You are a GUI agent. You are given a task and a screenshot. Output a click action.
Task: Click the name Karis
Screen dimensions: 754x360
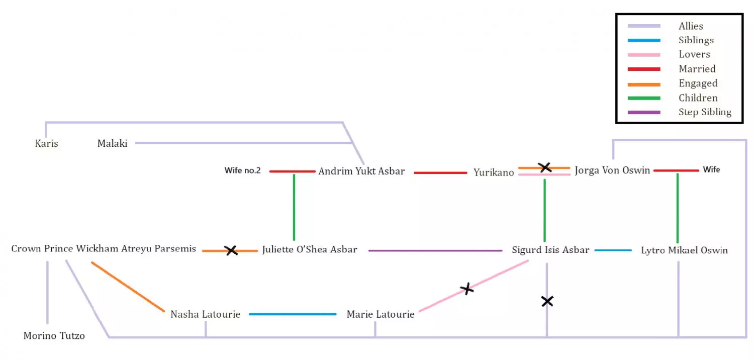tap(46, 143)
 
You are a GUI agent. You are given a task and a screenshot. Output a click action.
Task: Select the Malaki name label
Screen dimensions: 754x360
tap(112, 143)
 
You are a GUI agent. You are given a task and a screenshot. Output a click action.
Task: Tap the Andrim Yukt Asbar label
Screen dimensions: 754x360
tap(361, 171)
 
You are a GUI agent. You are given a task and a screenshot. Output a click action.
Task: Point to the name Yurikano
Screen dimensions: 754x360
tap(494, 172)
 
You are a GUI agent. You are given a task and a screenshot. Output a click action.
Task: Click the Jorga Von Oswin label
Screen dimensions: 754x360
tap(612, 170)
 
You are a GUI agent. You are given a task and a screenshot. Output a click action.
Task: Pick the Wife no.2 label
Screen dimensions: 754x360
tap(242, 170)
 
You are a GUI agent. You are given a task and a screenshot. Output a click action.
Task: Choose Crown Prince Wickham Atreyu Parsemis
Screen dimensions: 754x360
tap(104, 248)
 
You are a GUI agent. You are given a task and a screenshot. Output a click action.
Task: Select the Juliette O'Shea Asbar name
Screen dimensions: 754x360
tap(310, 249)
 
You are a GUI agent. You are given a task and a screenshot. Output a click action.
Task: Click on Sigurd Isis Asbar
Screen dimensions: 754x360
tap(550, 250)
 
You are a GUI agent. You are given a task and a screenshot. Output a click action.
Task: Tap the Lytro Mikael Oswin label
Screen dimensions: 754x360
tap(684, 250)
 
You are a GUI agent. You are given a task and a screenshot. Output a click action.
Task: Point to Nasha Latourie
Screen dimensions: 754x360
tap(205, 314)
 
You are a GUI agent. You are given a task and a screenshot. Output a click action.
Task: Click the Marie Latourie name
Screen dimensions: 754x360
tap(381, 314)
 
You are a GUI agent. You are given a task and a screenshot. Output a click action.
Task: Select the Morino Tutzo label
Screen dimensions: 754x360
tap(54, 336)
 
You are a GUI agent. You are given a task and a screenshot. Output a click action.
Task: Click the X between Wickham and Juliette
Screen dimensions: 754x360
tap(231, 250)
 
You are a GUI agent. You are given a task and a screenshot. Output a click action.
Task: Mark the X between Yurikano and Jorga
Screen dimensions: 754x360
tap(544, 167)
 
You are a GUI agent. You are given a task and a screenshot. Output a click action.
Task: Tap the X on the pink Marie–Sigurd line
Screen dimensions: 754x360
tap(467, 289)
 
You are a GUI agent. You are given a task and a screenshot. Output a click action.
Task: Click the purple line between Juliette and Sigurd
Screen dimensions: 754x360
tap(435, 250)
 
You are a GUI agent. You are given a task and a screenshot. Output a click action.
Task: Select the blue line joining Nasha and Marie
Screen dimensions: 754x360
tap(293, 314)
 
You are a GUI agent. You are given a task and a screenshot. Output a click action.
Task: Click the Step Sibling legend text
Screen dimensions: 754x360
tap(705, 112)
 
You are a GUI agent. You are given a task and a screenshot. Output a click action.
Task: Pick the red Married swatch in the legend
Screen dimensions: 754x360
tap(644, 69)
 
